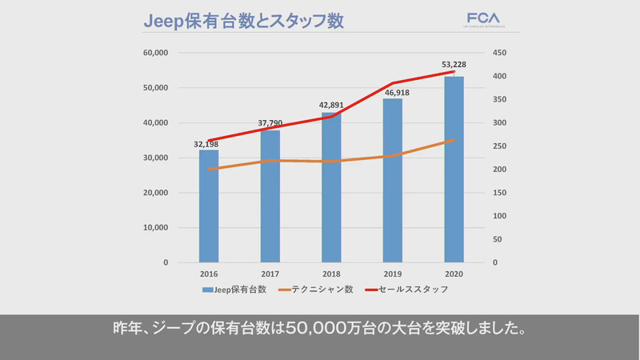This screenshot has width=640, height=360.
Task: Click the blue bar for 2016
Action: click(209, 206)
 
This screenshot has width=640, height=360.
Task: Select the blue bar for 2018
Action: click(331, 188)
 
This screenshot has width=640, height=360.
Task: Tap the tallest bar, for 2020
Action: click(454, 170)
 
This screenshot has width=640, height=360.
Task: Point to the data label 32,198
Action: click(208, 144)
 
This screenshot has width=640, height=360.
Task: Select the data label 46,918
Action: click(392, 93)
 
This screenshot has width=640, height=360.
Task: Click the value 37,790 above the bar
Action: click(270, 123)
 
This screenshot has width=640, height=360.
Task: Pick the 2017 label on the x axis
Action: click(270, 274)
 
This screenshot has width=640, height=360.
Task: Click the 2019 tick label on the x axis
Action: click(392, 274)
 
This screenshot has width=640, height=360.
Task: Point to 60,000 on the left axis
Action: click(154, 53)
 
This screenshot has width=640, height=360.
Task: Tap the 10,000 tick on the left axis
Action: click(154, 227)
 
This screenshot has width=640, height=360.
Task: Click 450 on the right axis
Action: click(499, 53)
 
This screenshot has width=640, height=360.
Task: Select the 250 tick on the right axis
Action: click(499, 146)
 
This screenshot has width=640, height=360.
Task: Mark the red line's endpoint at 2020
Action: click(454, 72)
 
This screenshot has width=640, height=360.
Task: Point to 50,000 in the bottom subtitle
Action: click(324, 329)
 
